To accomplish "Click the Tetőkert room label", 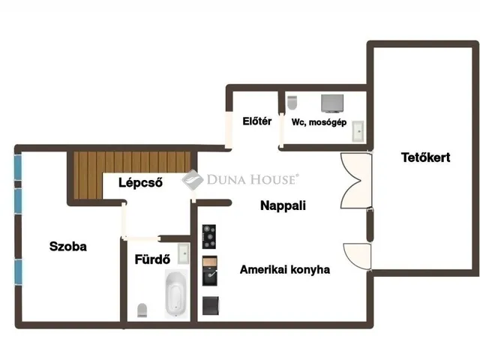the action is (x=425, y=157).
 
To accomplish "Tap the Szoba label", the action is (x=68, y=247).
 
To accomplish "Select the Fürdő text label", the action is (x=152, y=259).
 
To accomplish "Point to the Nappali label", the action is (x=283, y=205).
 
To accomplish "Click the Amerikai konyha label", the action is (x=285, y=270).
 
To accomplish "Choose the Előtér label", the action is (x=256, y=121).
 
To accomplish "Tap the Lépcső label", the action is (x=140, y=183).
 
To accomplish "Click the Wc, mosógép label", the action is (x=319, y=122).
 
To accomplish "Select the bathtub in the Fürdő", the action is (x=175, y=294).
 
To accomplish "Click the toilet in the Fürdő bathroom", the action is (x=142, y=310).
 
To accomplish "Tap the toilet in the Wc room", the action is (x=292, y=103).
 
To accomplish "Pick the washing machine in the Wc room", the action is (x=332, y=103).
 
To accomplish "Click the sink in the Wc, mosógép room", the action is (x=358, y=131).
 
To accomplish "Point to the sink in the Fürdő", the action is (x=184, y=253).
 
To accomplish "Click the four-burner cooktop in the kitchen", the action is (x=209, y=237).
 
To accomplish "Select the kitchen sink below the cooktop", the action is (x=210, y=271).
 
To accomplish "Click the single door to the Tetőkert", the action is (x=357, y=256).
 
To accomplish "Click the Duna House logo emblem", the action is (x=193, y=180).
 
